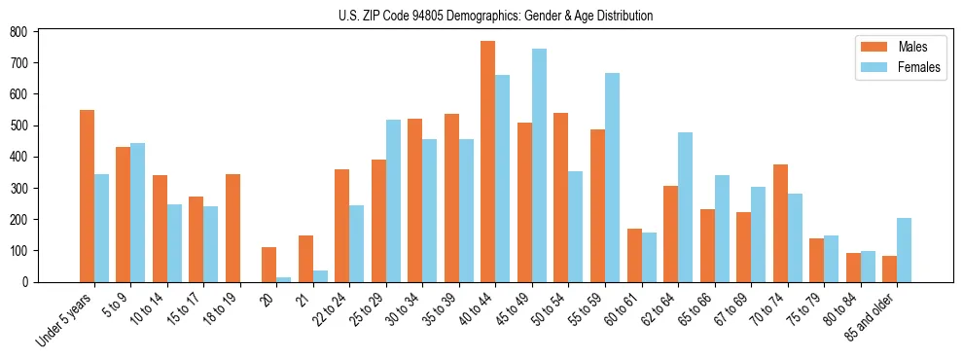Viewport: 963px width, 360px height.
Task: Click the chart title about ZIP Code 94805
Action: pos(481,16)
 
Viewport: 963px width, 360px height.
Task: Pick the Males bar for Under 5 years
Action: pos(87,196)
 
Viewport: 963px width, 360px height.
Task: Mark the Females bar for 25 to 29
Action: pos(393,200)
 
